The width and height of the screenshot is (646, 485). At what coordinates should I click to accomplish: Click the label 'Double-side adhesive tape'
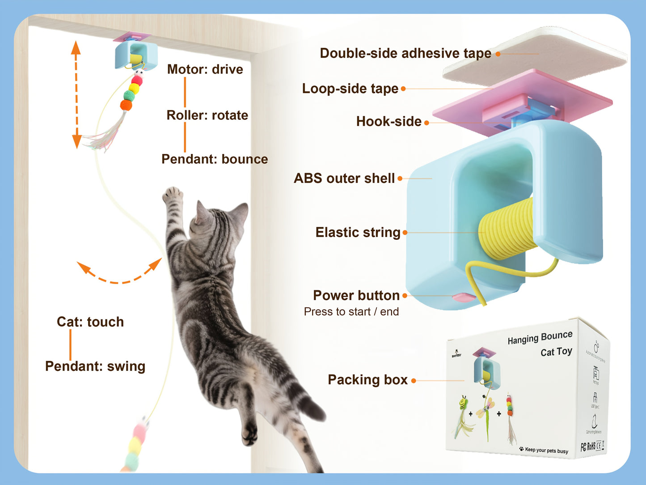pyautogui.click(x=405, y=53)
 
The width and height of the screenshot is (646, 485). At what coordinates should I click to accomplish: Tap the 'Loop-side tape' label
pyautogui.click(x=350, y=89)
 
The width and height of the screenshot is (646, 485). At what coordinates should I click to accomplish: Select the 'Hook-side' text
pyautogui.click(x=388, y=121)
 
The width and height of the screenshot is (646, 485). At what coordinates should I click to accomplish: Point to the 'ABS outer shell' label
pyautogui.click(x=344, y=178)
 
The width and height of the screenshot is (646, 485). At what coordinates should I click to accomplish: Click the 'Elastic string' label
pyautogui.click(x=358, y=232)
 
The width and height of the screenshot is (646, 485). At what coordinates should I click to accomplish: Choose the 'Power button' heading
pyautogui.click(x=356, y=295)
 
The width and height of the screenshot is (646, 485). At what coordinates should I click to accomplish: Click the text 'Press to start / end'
pyautogui.click(x=351, y=312)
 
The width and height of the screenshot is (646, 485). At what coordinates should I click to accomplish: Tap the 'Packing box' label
pyautogui.click(x=367, y=380)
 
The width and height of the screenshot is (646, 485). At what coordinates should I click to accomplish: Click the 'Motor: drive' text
pyautogui.click(x=205, y=69)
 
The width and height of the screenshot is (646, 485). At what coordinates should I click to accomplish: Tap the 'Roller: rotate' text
pyautogui.click(x=207, y=115)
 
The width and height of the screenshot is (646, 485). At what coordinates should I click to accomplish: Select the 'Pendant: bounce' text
pyautogui.click(x=215, y=159)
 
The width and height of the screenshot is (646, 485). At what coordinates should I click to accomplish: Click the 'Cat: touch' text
pyautogui.click(x=90, y=322)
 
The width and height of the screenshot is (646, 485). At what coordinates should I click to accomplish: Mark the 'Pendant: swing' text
pyautogui.click(x=95, y=366)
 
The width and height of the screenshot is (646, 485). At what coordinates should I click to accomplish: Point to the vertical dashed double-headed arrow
pyautogui.click(x=76, y=94)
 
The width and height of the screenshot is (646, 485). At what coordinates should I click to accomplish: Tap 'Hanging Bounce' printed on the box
pyautogui.click(x=540, y=338)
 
